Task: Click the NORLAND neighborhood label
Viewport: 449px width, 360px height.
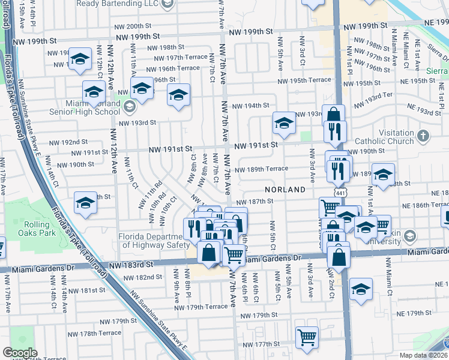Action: [x=285, y=189]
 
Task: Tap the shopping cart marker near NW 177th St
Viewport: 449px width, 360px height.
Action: [x=307, y=337]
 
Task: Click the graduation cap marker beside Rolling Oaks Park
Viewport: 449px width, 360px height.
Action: [x=86, y=203]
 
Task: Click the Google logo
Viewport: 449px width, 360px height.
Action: [x=20, y=353]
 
